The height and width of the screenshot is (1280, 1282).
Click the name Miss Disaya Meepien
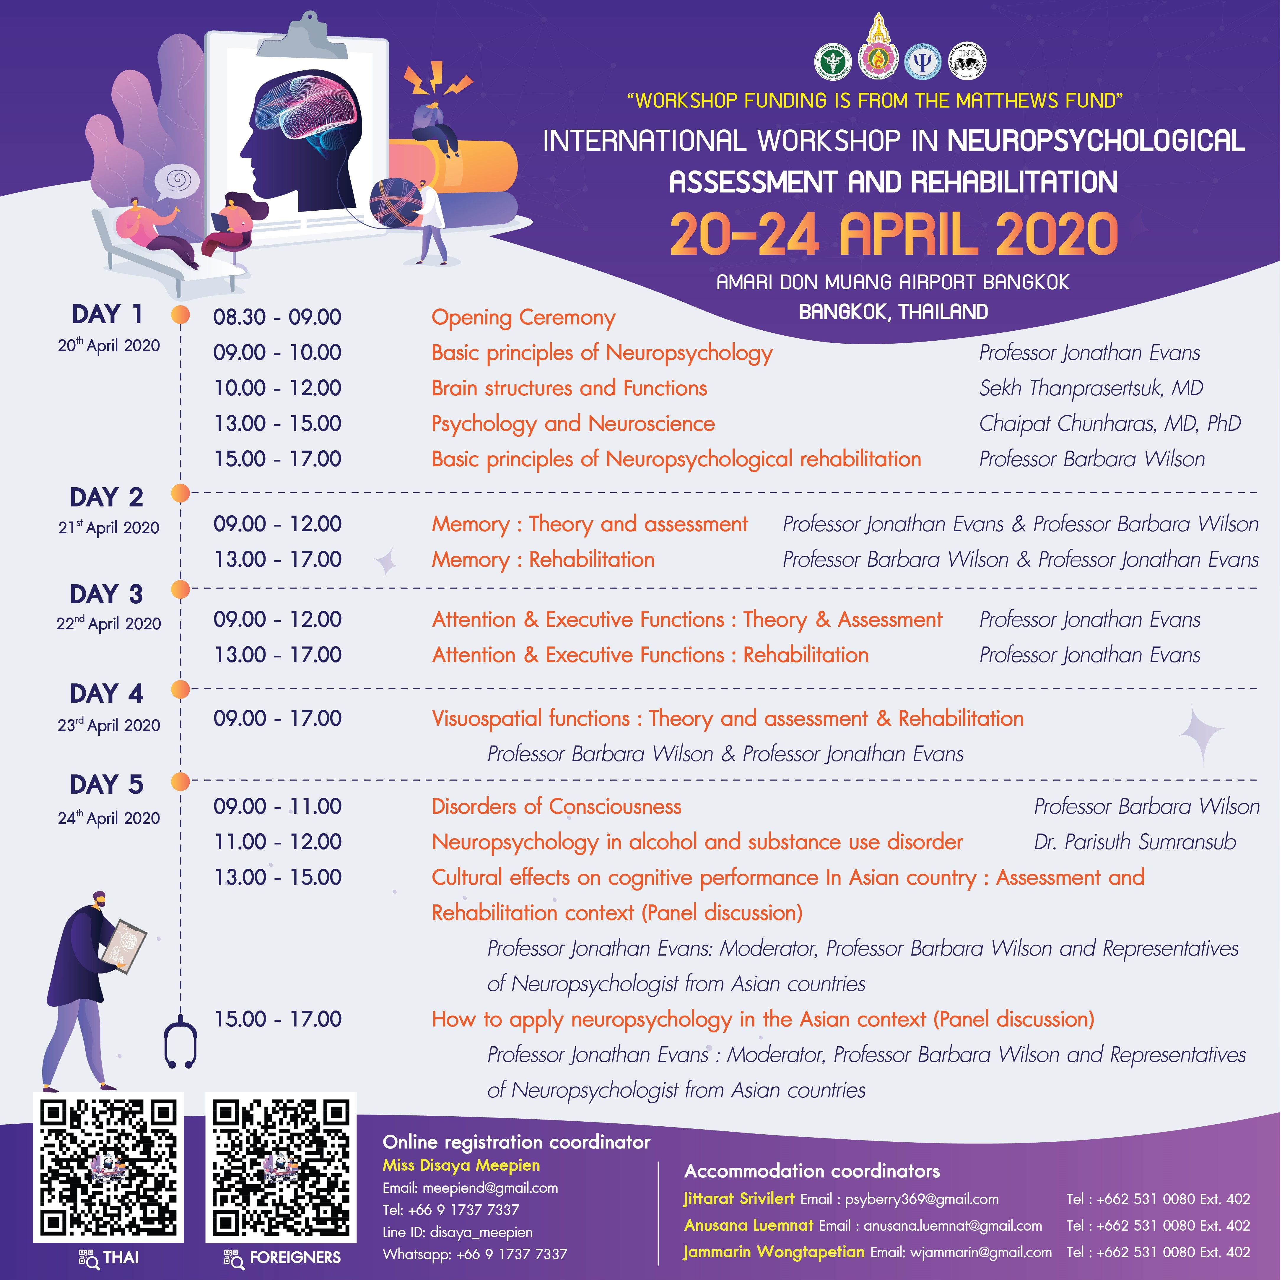(461, 1165)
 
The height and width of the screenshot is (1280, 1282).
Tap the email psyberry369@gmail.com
(922, 1199)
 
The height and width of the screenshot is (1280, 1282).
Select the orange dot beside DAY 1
(180, 315)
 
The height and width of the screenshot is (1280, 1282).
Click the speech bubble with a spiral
(177, 181)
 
